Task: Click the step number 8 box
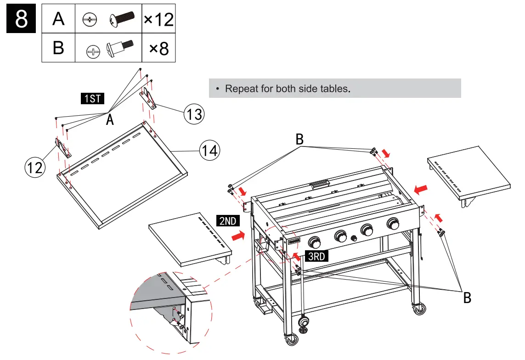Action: coord(21,20)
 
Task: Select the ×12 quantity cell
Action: coord(158,20)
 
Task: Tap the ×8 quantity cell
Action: coord(158,48)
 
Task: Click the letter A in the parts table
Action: coord(58,20)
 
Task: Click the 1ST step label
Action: coord(92,98)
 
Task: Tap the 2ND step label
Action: coord(227,221)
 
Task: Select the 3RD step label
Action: coord(316,256)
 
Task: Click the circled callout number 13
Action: coord(194,113)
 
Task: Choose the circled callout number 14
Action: coord(209,150)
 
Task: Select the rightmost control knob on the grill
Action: coord(393,224)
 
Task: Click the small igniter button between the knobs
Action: coord(354,238)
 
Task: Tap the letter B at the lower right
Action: coord(467,298)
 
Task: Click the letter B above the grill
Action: coord(299,139)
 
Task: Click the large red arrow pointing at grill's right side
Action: coord(423,188)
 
